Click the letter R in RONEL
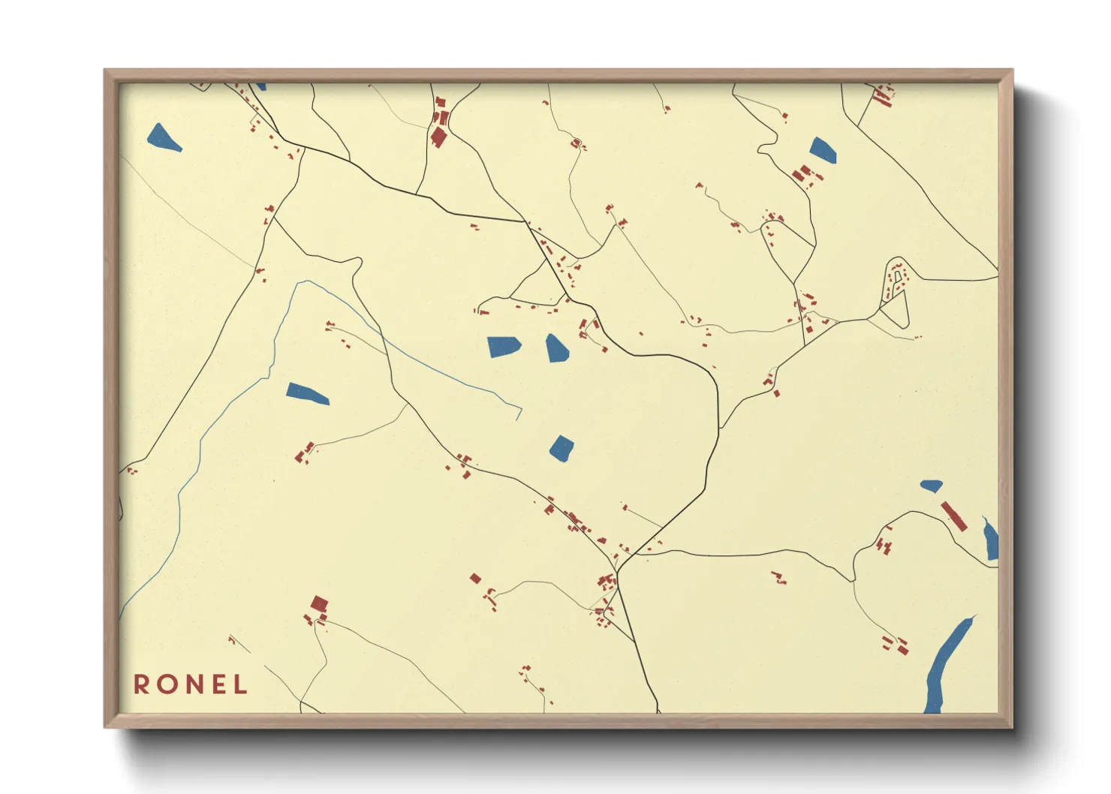(141, 684)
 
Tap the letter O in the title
(166, 684)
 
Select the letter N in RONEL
(192, 684)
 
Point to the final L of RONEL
(241, 684)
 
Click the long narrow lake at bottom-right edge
(948, 665)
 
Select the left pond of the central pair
(504, 347)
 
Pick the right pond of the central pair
(556, 348)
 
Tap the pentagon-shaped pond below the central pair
(562, 449)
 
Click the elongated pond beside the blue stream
(307, 393)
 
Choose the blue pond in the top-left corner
(164, 138)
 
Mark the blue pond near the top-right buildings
(823, 150)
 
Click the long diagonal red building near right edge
(953, 516)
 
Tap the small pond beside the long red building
(932, 486)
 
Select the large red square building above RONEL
(320, 603)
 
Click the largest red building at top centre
(438, 137)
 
